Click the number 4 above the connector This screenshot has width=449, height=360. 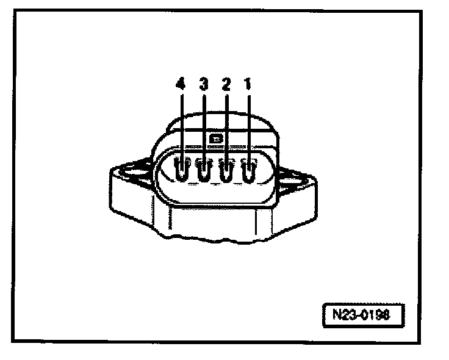pyautogui.click(x=180, y=85)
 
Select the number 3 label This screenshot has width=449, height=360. pyautogui.click(x=204, y=85)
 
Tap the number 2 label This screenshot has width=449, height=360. pyautogui.click(x=226, y=85)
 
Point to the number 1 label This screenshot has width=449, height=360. pyautogui.click(x=248, y=85)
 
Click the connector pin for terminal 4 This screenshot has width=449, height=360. pyautogui.click(x=181, y=172)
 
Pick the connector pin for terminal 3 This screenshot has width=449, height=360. pyautogui.click(x=204, y=172)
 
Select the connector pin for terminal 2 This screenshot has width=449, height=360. pyautogui.click(x=227, y=172)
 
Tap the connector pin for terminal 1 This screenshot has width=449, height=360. pyautogui.click(x=249, y=172)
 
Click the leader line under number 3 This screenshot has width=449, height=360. pyautogui.click(x=204, y=122)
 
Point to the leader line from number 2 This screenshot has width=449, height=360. pyautogui.click(x=226, y=122)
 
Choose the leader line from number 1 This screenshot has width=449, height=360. pyautogui.click(x=249, y=122)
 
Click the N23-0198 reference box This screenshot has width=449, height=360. pyautogui.click(x=364, y=316)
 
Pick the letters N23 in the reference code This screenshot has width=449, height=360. pyautogui.click(x=345, y=316)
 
